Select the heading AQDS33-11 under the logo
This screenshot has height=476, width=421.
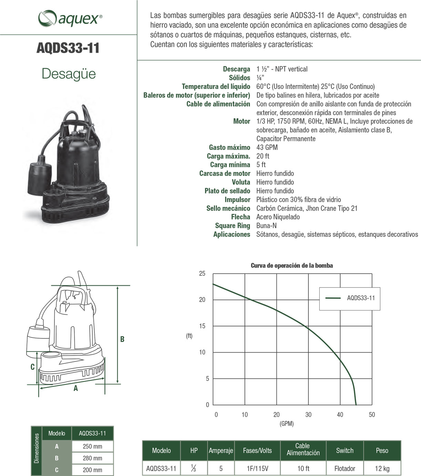[x=68, y=48]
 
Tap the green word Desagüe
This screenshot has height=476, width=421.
[x=69, y=74]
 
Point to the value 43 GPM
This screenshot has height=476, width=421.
[x=267, y=148]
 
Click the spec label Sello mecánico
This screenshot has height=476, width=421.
[x=228, y=208]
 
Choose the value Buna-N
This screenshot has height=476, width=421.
[x=266, y=226]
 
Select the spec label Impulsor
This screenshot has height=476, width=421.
[x=237, y=200]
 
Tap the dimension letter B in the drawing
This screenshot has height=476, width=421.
[x=122, y=339]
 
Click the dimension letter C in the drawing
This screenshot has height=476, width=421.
[x=32, y=367]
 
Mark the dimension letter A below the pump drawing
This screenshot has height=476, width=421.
[x=76, y=388]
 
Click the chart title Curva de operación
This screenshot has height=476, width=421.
[x=291, y=265]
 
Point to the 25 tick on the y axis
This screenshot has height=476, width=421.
[x=202, y=274]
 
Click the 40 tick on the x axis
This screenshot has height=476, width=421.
[x=340, y=415]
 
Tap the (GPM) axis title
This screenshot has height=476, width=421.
[x=287, y=424]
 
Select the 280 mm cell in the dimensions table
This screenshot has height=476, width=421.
[x=92, y=458]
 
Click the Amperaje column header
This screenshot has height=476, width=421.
[x=221, y=450]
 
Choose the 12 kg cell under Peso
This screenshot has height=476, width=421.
[x=382, y=468]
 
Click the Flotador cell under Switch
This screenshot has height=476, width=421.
[x=345, y=468]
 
